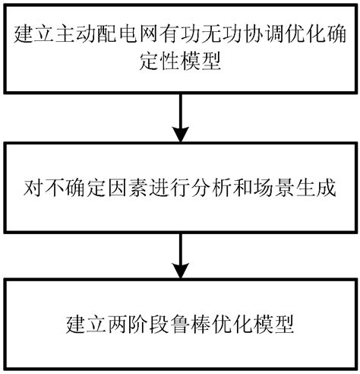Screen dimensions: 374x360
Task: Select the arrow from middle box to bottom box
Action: pyautogui.click(x=181, y=255)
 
